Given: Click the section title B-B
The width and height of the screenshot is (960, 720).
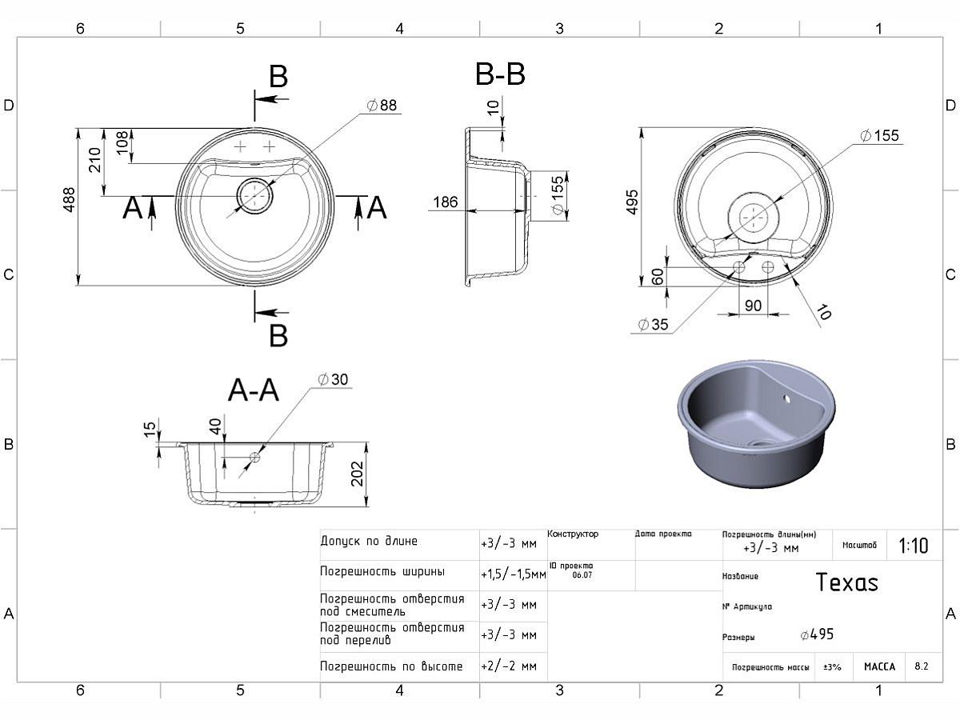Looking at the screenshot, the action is coord(500,74).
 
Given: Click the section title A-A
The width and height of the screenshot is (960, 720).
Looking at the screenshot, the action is coord(254,390).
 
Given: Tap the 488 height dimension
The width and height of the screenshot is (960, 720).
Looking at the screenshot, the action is coord(69,200).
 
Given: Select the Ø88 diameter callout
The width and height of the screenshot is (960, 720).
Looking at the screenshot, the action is coord(382,106).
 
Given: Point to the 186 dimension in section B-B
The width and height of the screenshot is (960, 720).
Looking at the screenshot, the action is coord(446,202).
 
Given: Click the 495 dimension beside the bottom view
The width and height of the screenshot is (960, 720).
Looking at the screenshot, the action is coord(632,202).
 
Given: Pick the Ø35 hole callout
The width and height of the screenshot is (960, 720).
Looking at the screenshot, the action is coord(653,324).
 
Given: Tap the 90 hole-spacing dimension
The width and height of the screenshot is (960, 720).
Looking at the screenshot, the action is coord(753,306).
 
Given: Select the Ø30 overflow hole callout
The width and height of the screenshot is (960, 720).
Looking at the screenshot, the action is coord(333,379).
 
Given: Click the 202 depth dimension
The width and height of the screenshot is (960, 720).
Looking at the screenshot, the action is coord(358,474).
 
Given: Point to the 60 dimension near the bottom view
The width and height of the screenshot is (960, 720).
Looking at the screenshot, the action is coord(658,276).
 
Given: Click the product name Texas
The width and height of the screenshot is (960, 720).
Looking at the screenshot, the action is coord(846,582).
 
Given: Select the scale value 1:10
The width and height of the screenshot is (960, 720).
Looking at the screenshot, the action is coord(914,546).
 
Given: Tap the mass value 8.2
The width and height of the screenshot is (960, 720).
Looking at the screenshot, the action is coord(921,666).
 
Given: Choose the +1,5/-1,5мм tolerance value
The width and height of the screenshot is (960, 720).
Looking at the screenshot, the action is coord(514,574).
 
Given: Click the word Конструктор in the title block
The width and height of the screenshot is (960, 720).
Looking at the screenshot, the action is coord(573,534).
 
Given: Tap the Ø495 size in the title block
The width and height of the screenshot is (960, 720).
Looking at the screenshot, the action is coord(817,634).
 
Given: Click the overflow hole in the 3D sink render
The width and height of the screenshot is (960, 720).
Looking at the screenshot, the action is coord(787,399).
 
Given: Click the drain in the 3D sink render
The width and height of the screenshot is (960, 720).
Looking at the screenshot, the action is coord(761,443).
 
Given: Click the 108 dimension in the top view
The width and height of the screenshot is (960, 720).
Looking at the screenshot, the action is coord(122,142).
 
